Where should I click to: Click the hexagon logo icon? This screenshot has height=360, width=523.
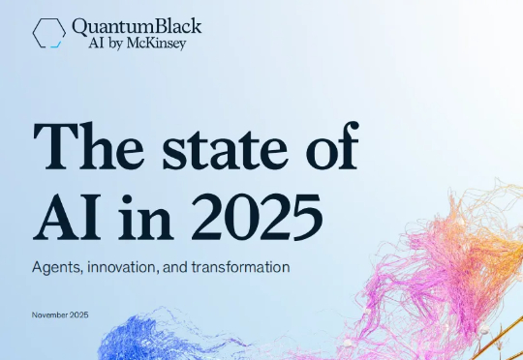(49, 32)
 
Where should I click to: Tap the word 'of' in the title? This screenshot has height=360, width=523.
(330, 147)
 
